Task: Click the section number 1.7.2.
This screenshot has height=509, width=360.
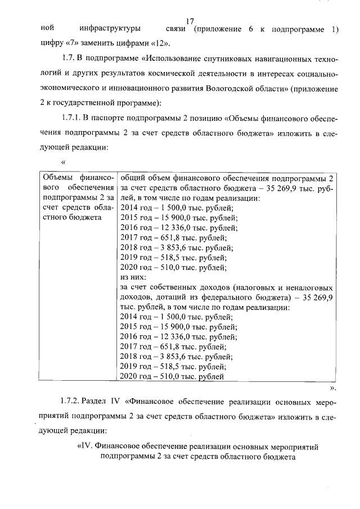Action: pos(69,403)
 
